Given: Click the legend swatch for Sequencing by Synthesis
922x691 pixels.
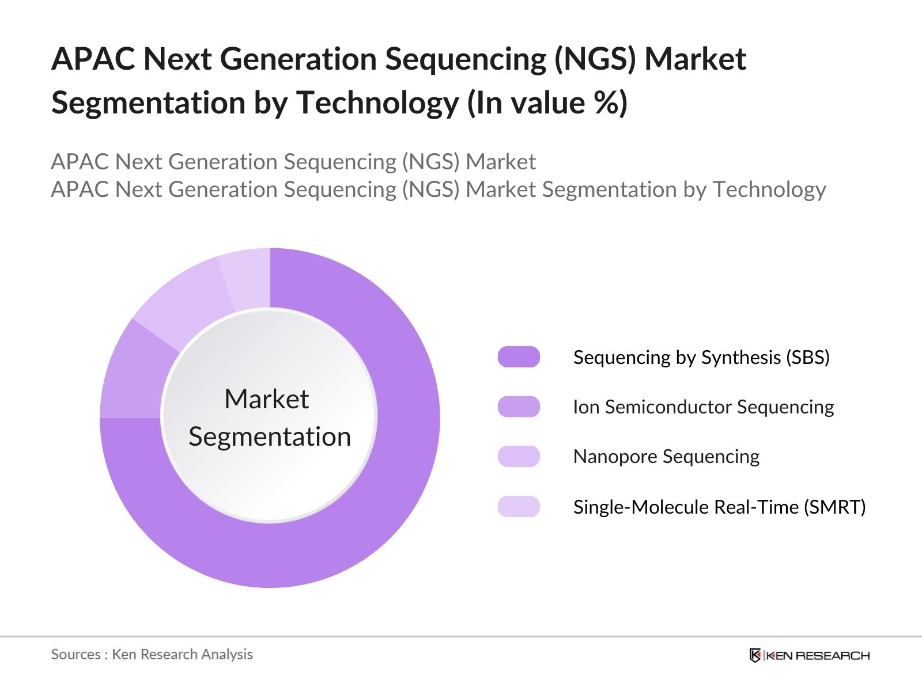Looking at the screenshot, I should click(519, 357).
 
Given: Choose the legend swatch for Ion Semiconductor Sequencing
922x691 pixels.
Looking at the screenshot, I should click(519, 407).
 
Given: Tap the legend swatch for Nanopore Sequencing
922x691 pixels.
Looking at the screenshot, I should click(519, 457).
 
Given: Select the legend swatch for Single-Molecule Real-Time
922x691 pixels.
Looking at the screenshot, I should click(519, 507).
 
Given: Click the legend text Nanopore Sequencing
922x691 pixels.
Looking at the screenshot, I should click(666, 457).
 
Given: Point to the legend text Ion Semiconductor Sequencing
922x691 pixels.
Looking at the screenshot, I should click(703, 407).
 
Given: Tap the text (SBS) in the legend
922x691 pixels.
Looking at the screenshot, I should click(807, 358).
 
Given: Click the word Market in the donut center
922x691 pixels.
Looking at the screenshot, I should click(266, 399).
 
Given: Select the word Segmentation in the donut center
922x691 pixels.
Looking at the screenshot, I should click(270, 436).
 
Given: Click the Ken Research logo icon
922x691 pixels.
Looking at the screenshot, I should click(755, 655).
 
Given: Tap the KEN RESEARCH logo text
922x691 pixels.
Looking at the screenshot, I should click(818, 655).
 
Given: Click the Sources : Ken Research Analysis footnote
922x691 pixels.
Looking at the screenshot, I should click(152, 655).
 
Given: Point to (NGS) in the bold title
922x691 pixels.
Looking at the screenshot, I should click(595, 59).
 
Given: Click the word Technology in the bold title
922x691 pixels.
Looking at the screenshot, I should click(377, 103).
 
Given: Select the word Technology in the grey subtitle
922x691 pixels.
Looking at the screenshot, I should click(769, 189).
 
